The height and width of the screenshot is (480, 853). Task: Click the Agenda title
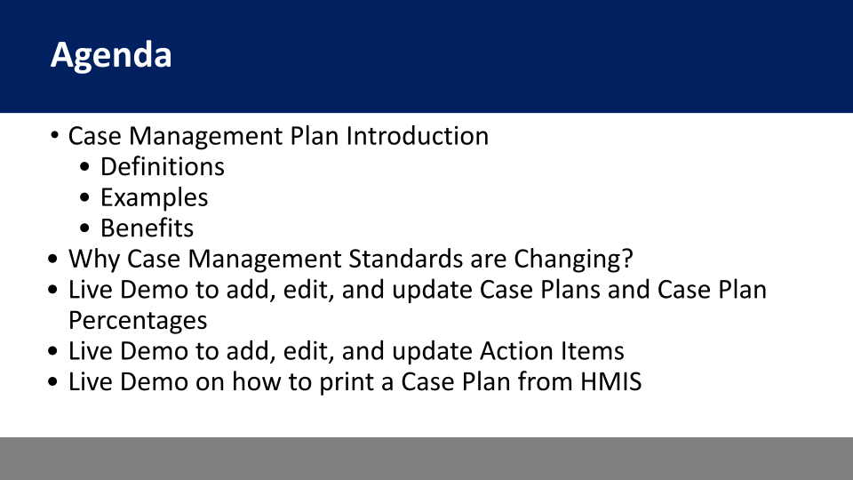111,55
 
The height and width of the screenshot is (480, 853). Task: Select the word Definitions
162,166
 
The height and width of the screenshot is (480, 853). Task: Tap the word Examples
154,198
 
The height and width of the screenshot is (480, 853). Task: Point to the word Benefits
147,228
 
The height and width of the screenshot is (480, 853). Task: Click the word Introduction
418,136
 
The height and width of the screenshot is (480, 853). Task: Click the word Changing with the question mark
573,260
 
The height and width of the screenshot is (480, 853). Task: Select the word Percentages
138,321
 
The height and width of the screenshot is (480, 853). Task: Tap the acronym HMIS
611,382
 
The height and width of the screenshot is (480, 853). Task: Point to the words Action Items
552,352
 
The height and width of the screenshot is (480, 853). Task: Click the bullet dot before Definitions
84,166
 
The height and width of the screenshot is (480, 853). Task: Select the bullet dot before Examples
84,197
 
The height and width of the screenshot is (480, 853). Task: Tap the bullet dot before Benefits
84,228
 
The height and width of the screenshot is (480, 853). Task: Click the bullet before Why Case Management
52,259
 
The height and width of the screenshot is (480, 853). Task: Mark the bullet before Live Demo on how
52,382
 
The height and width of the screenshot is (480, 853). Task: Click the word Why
94,260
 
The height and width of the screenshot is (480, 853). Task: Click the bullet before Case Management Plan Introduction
54,134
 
